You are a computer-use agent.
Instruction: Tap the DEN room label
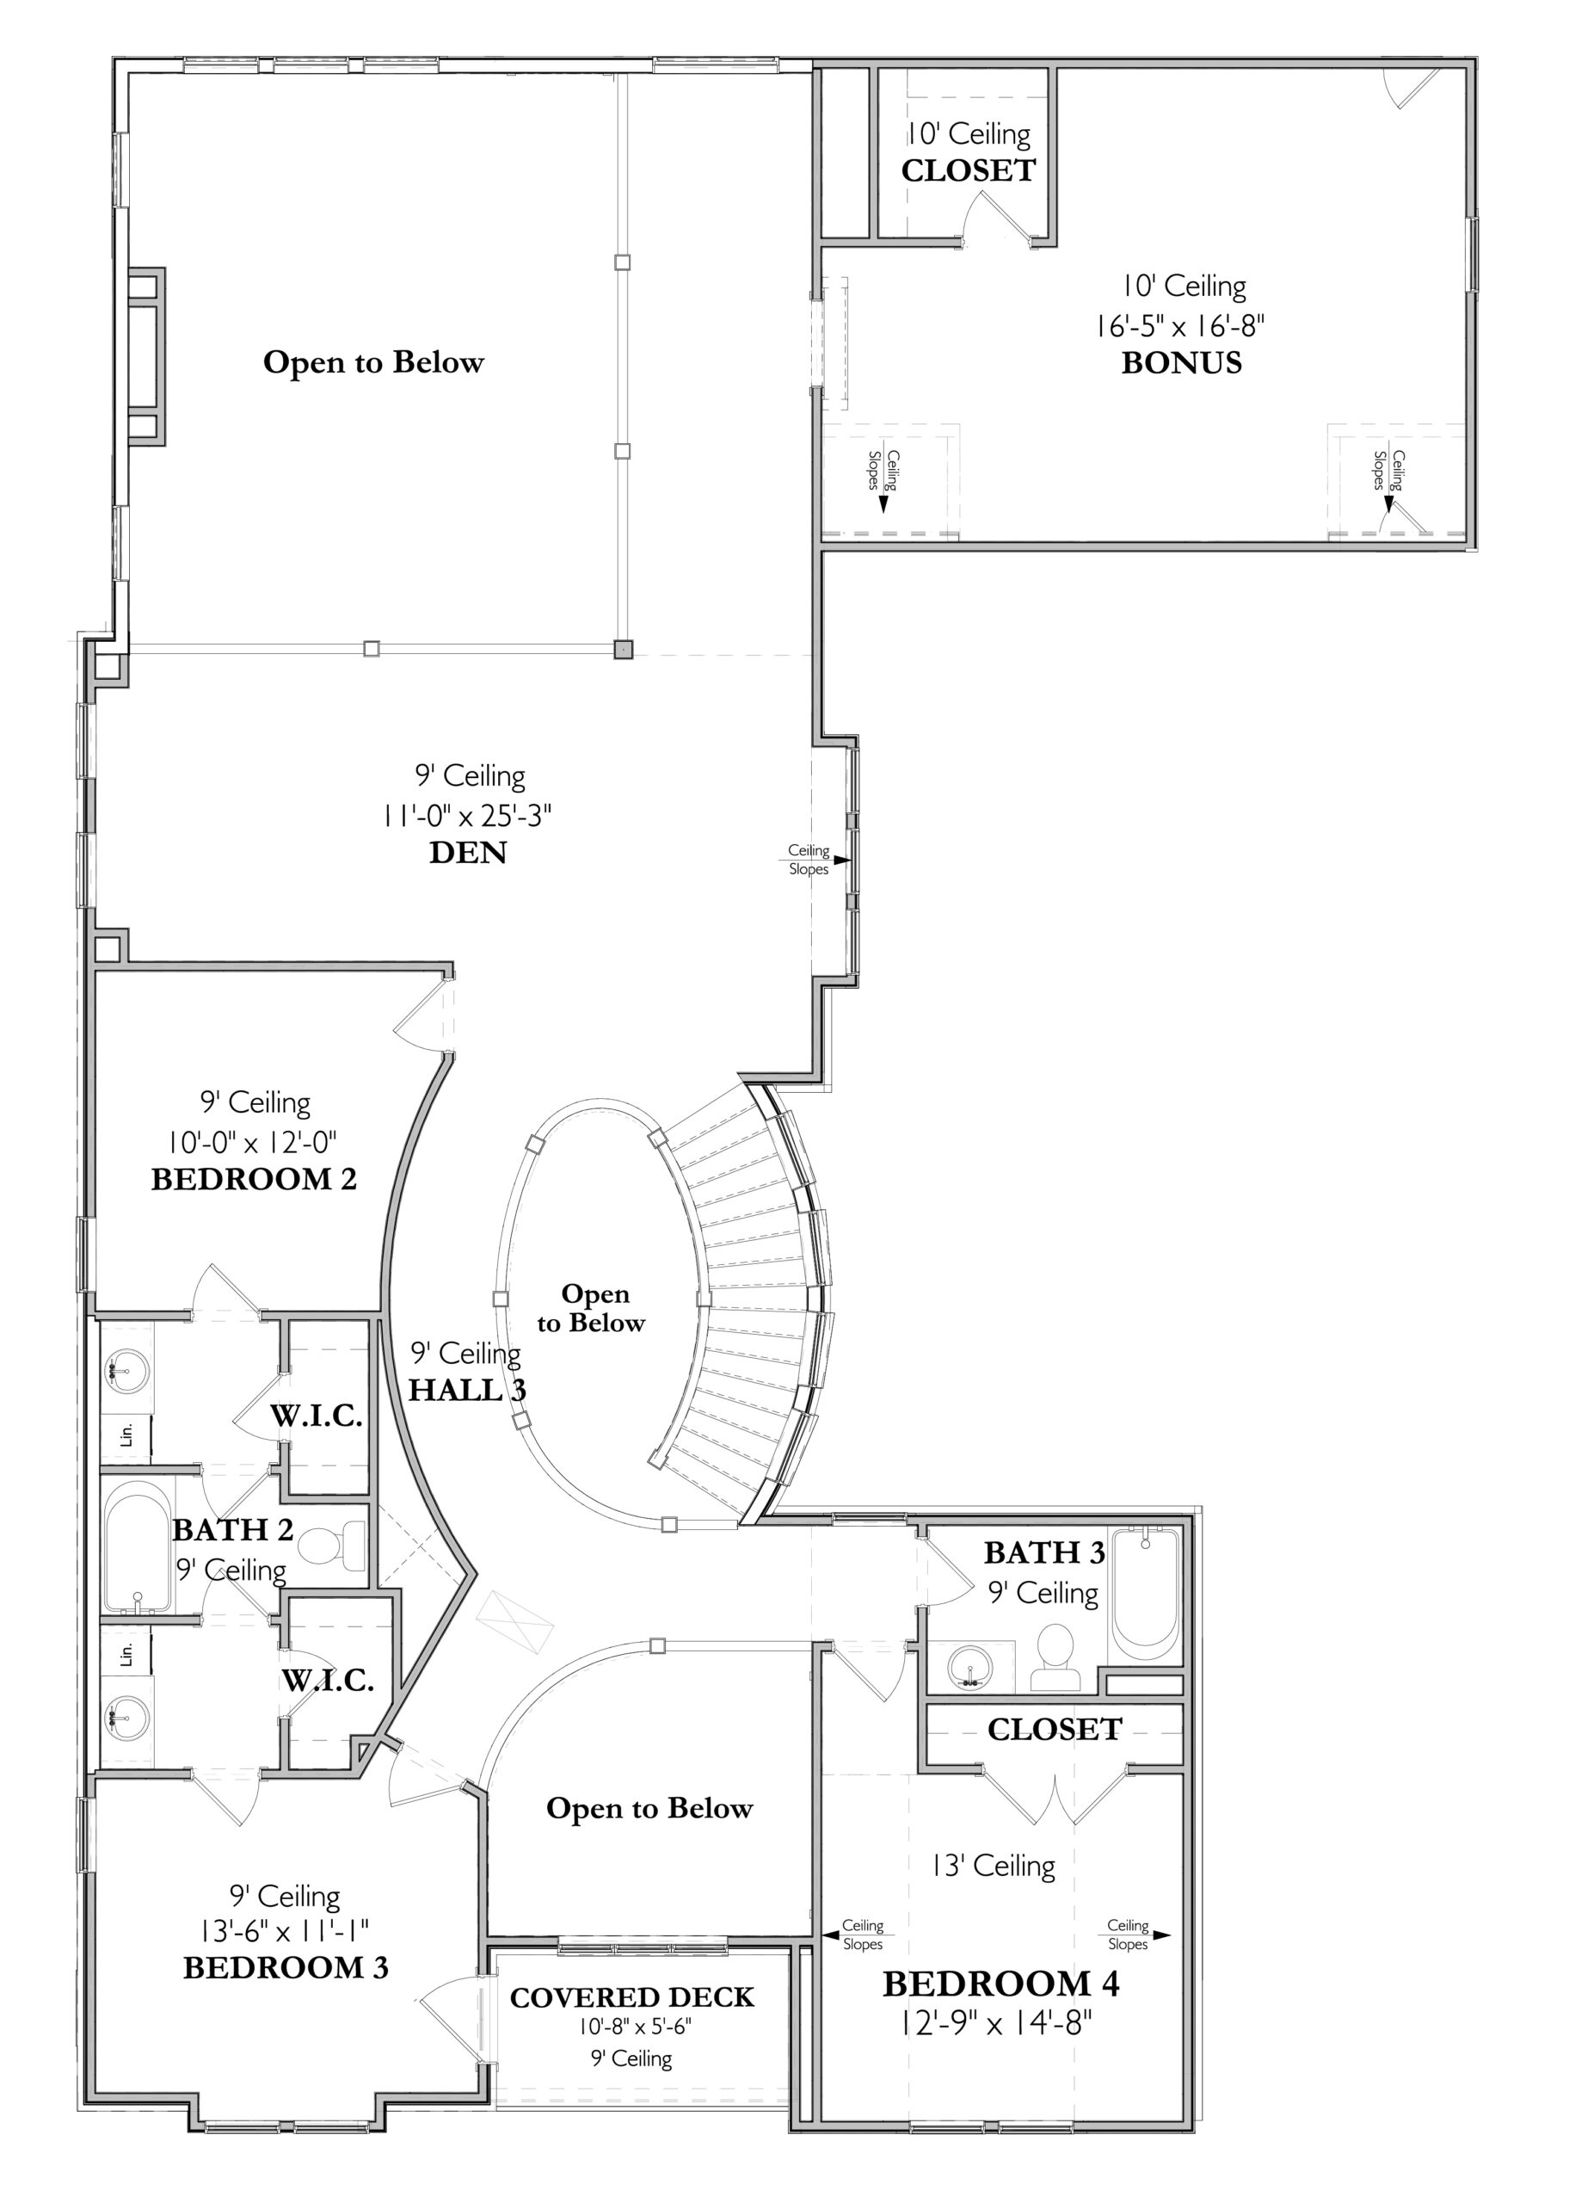[x=468, y=852]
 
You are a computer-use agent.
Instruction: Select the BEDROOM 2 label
[x=254, y=1179]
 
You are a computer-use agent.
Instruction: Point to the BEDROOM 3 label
[x=286, y=1967]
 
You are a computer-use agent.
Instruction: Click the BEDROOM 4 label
[x=1001, y=1984]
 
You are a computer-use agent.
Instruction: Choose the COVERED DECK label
[x=632, y=1997]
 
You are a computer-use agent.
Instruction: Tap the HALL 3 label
[x=466, y=1390]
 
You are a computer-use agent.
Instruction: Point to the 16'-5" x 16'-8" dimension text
[x=1179, y=325]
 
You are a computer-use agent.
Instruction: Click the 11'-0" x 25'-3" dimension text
[x=466, y=816]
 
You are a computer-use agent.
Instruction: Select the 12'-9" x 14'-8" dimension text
[x=995, y=2021]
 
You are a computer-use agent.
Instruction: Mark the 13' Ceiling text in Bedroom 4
[x=994, y=1866]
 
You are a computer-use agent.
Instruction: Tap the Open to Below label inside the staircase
[x=591, y=1308]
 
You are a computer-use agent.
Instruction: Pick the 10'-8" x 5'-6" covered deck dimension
[x=635, y=2027]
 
